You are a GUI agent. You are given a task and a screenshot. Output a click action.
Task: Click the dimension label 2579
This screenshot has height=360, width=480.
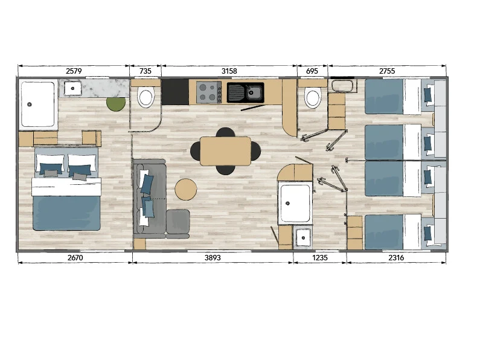tap(74, 71)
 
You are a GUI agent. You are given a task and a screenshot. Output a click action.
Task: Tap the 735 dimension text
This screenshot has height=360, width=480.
tap(146, 71)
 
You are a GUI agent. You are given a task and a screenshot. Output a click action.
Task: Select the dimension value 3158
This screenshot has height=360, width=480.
tap(229, 71)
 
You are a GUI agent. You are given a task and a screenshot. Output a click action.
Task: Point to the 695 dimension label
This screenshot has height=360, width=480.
tap(312, 71)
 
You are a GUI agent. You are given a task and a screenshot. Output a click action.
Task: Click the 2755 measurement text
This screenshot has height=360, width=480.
tap(387, 71)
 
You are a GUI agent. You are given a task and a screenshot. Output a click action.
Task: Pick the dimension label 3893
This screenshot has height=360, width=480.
tap(213, 258)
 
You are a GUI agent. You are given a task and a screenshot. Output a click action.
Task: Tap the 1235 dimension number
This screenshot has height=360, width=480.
tap(320, 258)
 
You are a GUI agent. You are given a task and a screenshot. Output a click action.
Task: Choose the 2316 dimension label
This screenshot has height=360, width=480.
tap(396, 258)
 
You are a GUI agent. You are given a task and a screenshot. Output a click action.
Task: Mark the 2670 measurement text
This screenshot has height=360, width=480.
tap(75, 258)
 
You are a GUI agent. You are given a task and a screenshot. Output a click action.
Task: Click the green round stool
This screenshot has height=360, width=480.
tap(116, 103)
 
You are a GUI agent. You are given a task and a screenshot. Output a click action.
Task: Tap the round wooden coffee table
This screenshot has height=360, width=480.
tap(186, 190)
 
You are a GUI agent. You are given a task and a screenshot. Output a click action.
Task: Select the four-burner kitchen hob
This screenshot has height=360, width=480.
tap(209, 92)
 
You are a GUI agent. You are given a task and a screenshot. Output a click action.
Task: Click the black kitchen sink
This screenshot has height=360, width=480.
tap(246, 92)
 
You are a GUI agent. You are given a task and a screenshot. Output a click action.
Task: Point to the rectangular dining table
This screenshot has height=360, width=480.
tap(226, 151)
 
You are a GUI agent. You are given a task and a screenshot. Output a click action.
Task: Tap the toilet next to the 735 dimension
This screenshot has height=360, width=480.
tap(146, 97)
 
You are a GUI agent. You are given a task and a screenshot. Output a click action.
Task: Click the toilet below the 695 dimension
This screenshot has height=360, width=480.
tap(313, 98)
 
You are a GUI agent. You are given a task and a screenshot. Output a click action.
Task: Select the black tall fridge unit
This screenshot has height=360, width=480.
tap(175, 92)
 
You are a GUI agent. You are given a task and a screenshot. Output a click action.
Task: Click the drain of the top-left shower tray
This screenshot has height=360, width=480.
tap(30, 104)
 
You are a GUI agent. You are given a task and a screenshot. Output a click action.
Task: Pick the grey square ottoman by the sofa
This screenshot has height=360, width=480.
tap(178, 223)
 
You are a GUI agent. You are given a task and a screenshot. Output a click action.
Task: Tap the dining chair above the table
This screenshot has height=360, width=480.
tap(226, 132)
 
